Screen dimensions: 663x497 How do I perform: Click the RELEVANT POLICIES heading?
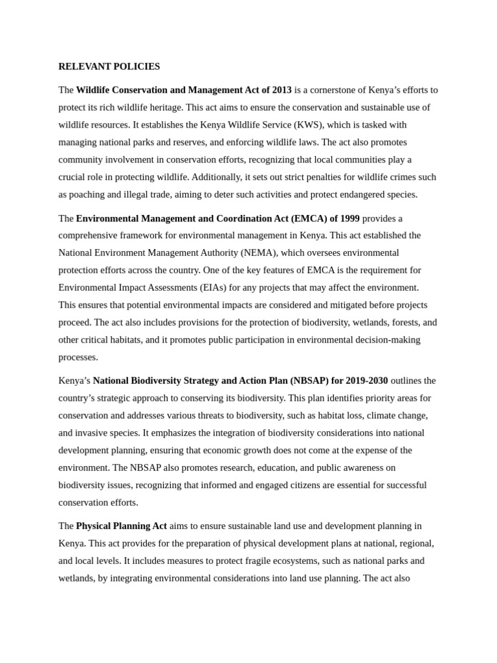tap(109, 67)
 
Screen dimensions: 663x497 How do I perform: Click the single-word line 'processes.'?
tap(78, 357)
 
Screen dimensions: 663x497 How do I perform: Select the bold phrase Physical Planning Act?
tap(121, 526)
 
